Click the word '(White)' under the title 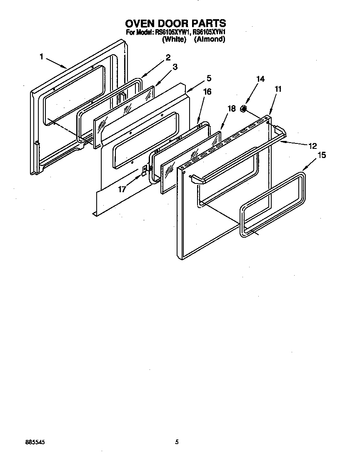[x=174, y=40]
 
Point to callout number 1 [x=42, y=57]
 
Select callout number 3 [x=175, y=67]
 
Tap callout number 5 [x=209, y=78]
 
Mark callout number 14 [x=260, y=79]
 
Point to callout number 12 [x=312, y=146]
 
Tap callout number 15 [x=321, y=155]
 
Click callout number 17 [x=122, y=189]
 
